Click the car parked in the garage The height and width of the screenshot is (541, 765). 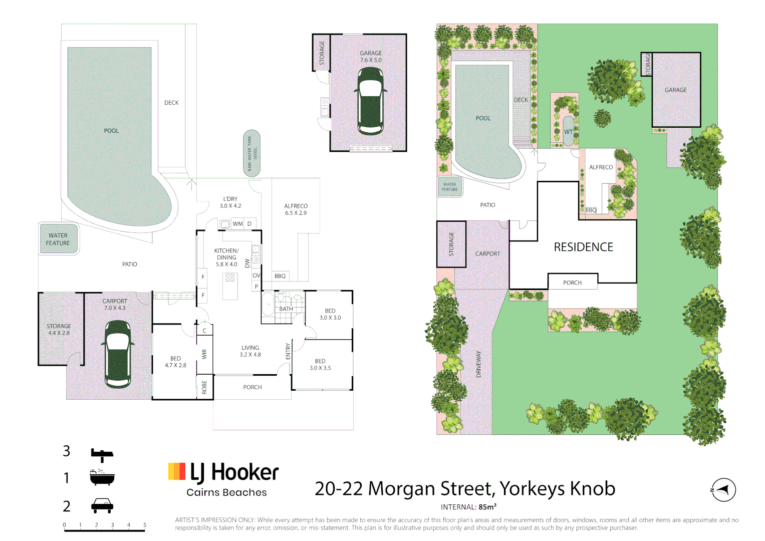tap(371, 101)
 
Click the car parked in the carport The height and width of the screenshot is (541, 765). tap(118, 354)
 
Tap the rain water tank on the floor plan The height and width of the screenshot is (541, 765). tap(251, 153)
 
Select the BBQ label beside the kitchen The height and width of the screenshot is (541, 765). tap(280, 276)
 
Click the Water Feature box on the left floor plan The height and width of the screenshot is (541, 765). tap(59, 239)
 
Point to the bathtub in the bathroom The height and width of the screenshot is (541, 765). tap(268, 304)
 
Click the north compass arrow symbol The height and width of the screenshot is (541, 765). tap(723, 489)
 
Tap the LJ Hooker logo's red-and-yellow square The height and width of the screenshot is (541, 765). tap(177, 471)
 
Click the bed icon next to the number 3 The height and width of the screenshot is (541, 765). tap(102, 454)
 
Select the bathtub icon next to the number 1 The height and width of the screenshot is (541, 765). tap(102, 478)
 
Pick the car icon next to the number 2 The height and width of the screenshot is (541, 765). tap(102, 506)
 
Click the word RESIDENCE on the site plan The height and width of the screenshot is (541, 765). tap(584, 247)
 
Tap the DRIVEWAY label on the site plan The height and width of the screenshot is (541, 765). tap(478, 364)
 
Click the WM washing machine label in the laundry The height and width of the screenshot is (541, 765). tap(237, 224)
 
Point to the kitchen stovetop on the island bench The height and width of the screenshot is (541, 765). tap(230, 278)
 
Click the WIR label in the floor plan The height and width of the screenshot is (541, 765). tap(204, 354)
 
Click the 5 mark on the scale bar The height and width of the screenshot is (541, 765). tap(145, 525)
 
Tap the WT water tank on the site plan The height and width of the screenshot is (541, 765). tap(568, 132)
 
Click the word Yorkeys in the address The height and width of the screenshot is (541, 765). tap(532, 488)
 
